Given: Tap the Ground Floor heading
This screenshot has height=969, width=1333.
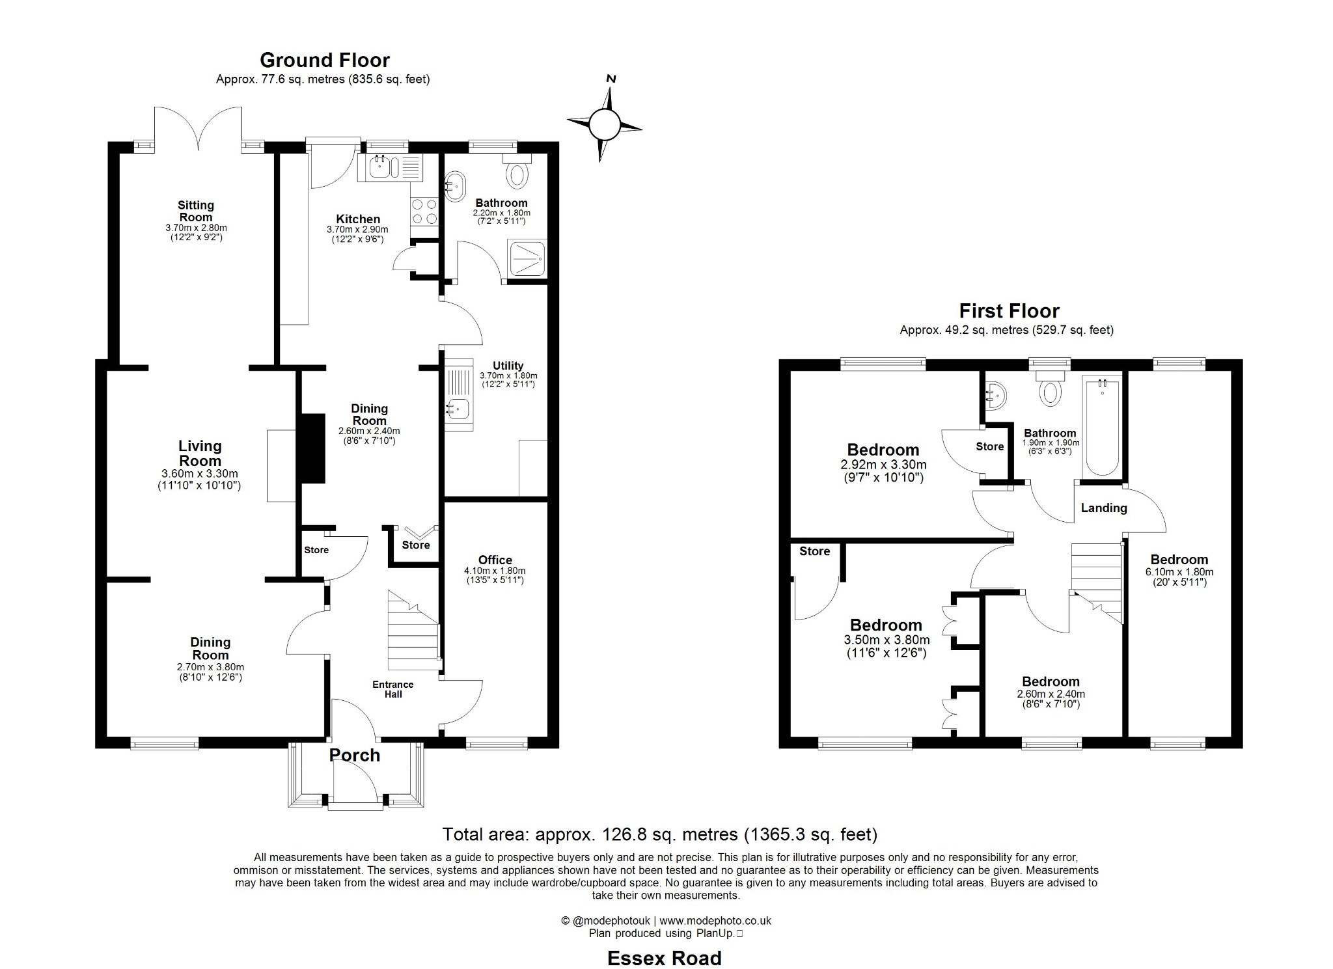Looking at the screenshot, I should [x=325, y=61].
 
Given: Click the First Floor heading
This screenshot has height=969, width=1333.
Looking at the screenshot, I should [x=1009, y=311].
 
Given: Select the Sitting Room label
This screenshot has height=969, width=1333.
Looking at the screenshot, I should [x=196, y=212].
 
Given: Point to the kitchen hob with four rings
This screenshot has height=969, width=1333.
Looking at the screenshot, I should [x=424, y=212].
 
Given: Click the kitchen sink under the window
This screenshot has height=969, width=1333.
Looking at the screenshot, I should [x=379, y=168].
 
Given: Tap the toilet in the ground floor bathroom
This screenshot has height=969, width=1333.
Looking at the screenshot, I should [x=517, y=174].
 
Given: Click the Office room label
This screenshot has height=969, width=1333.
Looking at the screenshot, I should [x=495, y=560].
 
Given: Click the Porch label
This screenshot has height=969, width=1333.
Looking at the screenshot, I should [x=355, y=755].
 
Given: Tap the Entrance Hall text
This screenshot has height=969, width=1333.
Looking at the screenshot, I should [x=392, y=689].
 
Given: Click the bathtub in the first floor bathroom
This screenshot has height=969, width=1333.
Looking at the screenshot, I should [x=1102, y=427].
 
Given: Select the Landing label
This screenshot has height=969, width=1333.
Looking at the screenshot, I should [x=1104, y=508].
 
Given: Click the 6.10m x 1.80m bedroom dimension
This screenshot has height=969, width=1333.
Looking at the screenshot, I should [x=1179, y=572].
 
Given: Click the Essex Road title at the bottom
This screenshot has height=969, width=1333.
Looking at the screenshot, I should [x=665, y=958].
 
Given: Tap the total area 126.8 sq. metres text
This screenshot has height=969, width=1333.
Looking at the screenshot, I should [x=660, y=834].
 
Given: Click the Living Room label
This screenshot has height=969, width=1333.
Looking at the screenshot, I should [x=200, y=454].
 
